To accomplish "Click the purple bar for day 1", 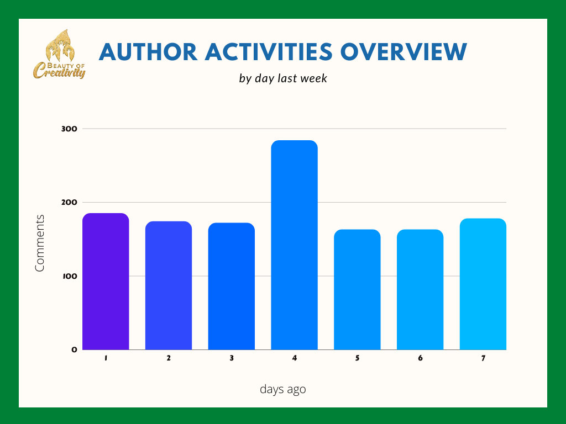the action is (x=106, y=281).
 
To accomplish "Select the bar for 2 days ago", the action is (x=169, y=285).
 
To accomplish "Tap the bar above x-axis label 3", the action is (x=232, y=286).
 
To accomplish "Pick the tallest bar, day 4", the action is (x=295, y=245).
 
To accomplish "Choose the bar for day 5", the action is (x=358, y=289).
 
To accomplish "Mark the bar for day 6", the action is (x=420, y=289).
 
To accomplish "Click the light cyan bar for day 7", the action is (x=483, y=284).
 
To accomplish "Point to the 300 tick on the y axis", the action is (x=69, y=129).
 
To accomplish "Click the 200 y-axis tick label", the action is (x=69, y=202).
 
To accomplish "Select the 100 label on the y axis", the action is (x=70, y=276).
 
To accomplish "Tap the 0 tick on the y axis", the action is (x=75, y=349).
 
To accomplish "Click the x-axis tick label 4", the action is (x=295, y=358).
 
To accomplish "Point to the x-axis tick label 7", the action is (x=483, y=358).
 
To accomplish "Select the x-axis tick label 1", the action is (x=106, y=358).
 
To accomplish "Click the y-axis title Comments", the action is (x=39, y=243).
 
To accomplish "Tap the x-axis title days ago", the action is (x=283, y=389).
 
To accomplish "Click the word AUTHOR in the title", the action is (x=148, y=52).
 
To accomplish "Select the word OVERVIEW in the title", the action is (x=404, y=52).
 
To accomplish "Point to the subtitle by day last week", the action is (x=283, y=78).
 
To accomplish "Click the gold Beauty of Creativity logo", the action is (x=60, y=54).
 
